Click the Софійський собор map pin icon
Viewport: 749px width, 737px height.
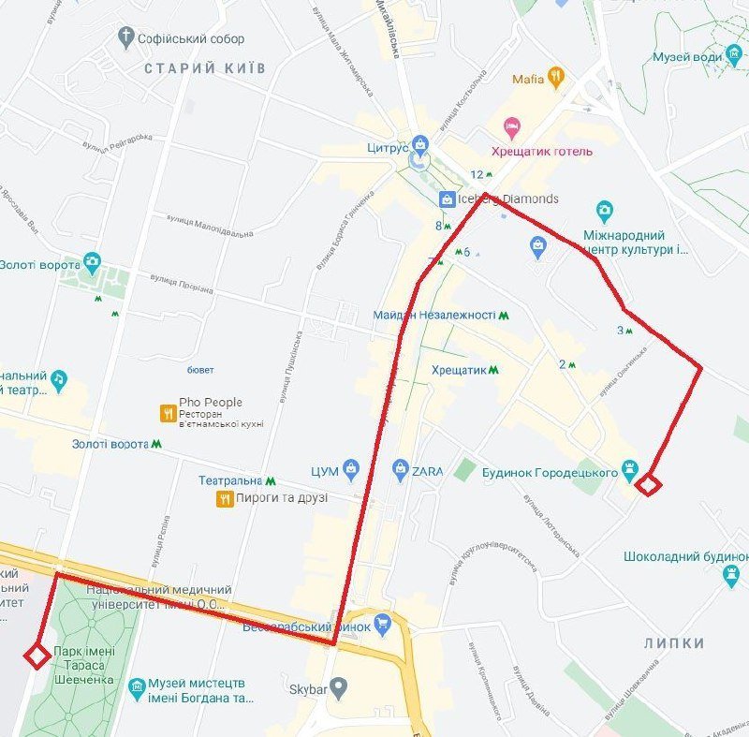[126, 38]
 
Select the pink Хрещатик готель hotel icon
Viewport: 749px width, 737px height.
[511, 126]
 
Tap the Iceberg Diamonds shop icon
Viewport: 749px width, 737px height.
[447, 199]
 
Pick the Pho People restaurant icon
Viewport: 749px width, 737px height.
[168, 411]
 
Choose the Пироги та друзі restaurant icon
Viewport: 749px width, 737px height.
[224, 498]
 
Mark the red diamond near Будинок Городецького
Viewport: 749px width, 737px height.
[649, 484]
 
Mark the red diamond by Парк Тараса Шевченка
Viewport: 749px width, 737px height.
[37, 656]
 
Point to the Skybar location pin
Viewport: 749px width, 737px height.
[340, 688]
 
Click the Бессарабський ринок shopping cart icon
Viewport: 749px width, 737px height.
[382, 623]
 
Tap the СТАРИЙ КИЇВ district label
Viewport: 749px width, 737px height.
[205, 68]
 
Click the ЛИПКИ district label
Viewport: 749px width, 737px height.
[674, 643]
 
